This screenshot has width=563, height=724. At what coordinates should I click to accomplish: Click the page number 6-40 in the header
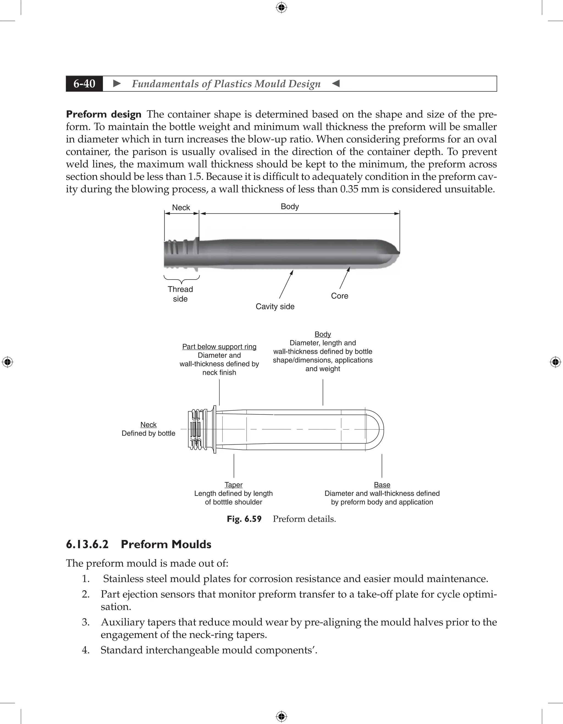(84, 83)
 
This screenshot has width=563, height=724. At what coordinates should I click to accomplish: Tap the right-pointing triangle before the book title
(117, 83)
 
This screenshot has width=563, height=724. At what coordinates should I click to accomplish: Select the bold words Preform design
(104, 114)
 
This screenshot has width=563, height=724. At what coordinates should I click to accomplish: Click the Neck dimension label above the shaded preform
(181, 208)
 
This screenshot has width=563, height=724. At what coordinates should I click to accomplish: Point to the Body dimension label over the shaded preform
(290, 207)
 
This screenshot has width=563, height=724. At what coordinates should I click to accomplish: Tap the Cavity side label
(275, 306)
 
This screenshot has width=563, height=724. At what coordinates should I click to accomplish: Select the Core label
(340, 296)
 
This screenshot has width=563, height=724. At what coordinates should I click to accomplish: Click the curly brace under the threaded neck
(181, 279)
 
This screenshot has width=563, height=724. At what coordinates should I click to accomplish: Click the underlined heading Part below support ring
(219, 346)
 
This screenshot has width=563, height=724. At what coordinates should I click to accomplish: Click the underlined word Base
(382, 485)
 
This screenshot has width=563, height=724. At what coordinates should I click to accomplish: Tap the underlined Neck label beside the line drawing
(148, 425)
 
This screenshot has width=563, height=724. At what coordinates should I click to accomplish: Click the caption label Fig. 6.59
(244, 519)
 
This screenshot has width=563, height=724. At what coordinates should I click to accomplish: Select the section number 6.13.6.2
(87, 545)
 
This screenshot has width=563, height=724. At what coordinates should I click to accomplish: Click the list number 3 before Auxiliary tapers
(85, 622)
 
